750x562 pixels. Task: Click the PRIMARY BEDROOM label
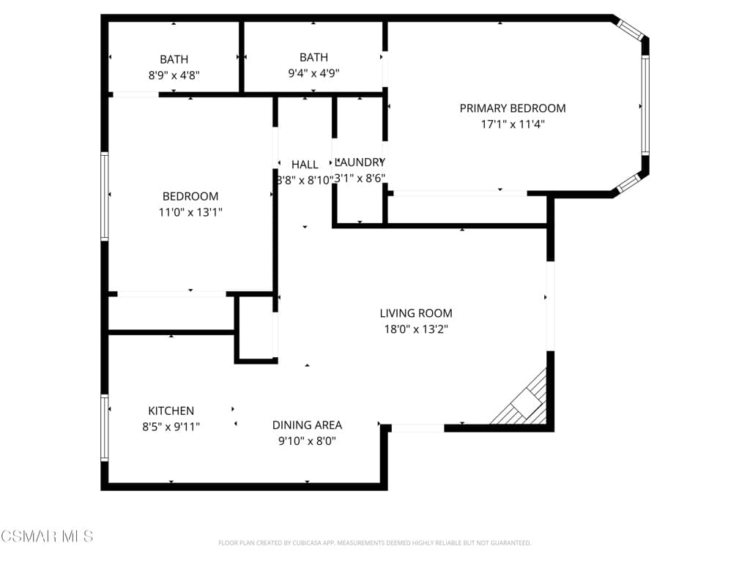coord(512,108)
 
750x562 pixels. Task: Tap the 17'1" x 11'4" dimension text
coord(512,124)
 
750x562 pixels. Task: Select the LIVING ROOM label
coord(415,313)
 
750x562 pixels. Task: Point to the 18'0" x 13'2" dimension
coord(415,329)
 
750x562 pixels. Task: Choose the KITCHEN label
coord(171,411)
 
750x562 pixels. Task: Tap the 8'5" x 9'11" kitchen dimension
coord(171,427)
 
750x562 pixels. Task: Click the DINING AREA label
coord(307,425)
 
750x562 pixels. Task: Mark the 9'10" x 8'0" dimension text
coord(307,441)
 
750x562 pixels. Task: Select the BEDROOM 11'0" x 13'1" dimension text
coord(190,212)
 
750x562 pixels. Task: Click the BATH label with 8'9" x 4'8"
coord(174,59)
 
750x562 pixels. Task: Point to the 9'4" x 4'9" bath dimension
coord(313,73)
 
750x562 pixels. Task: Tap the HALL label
coord(305,164)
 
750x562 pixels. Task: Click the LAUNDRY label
coord(360,162)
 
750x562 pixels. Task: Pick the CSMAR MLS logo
coord(47,536)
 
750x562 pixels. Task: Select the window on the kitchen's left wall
coord(105,427)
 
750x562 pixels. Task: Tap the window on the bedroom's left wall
coord(105,196)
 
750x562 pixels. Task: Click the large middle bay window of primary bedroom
coord(645,105)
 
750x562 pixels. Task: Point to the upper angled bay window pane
coord(629,29)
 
